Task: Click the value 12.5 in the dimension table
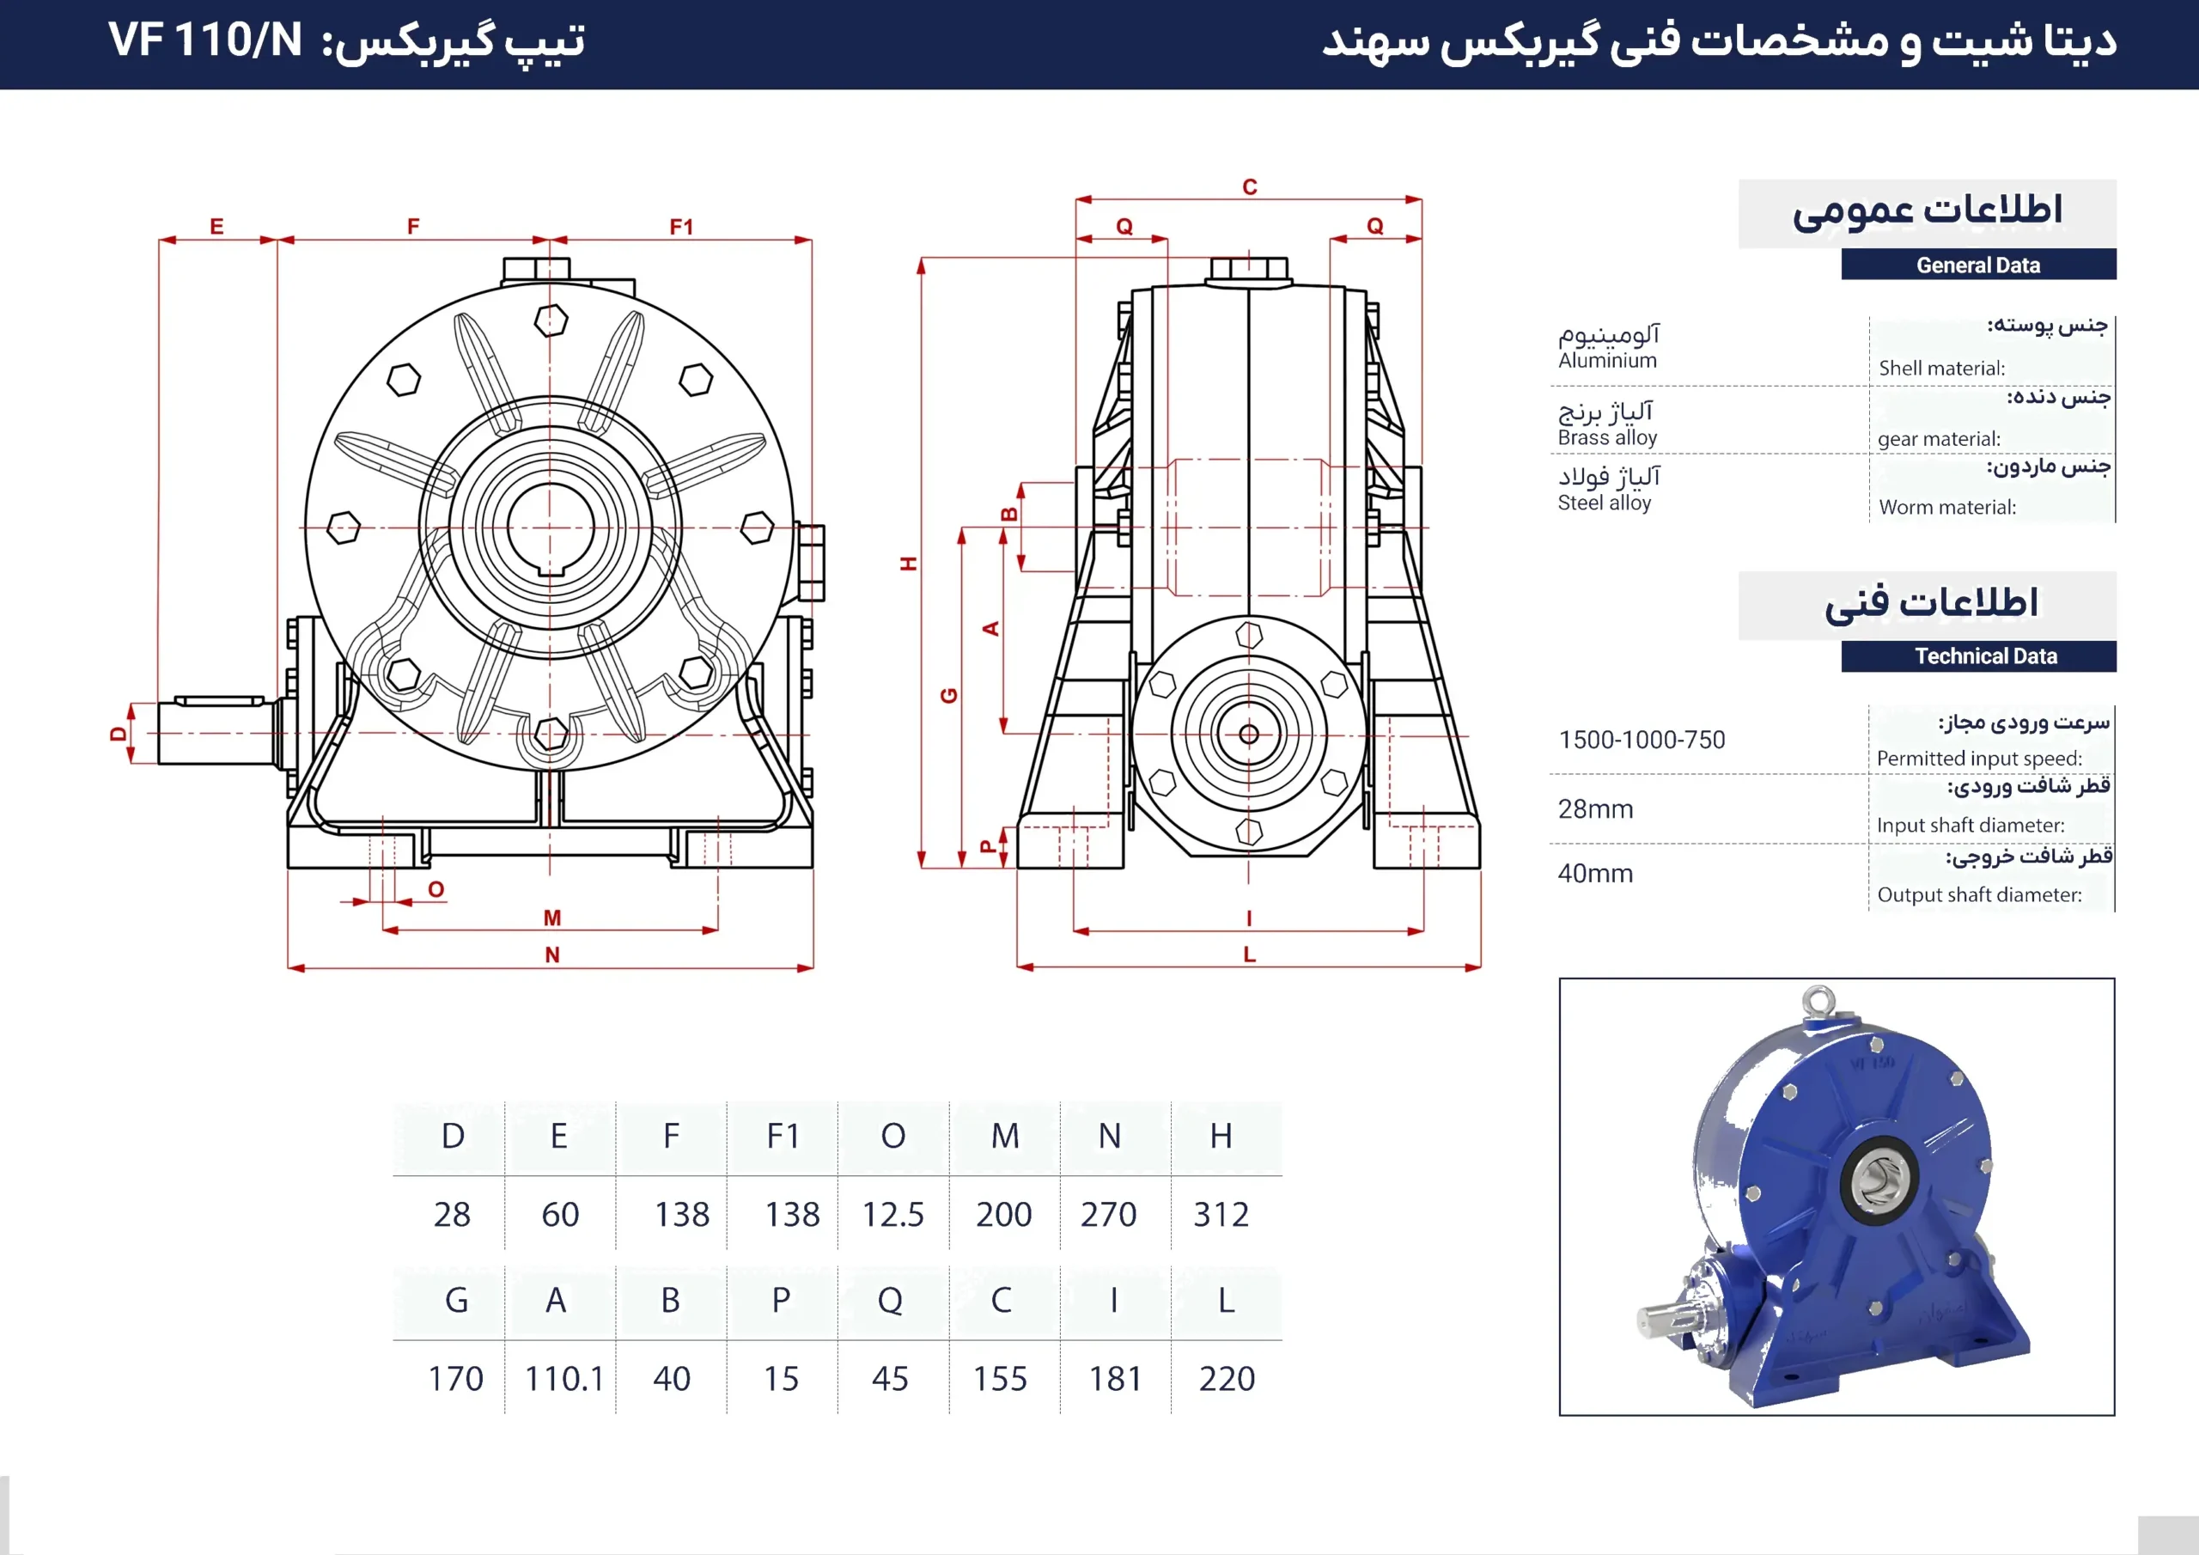pos(892,1215)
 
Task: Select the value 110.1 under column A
pos(564,1379)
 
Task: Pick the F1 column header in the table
pos(783,1136)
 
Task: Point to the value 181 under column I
pos(1115,1379)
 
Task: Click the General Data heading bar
pos(1977,265)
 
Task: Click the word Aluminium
pos(1607,361)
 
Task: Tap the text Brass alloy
pos(1607,438)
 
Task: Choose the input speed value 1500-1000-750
pos(1642,740)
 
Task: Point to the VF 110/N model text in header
pos(205,40)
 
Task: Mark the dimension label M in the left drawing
pos(551,917)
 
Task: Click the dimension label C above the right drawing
pos(1250,186)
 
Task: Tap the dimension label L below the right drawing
pos(1250,955)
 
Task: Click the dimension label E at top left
pos(216,226)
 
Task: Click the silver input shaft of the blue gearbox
pos(1665,1320)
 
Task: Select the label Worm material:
pos(1947,508)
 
